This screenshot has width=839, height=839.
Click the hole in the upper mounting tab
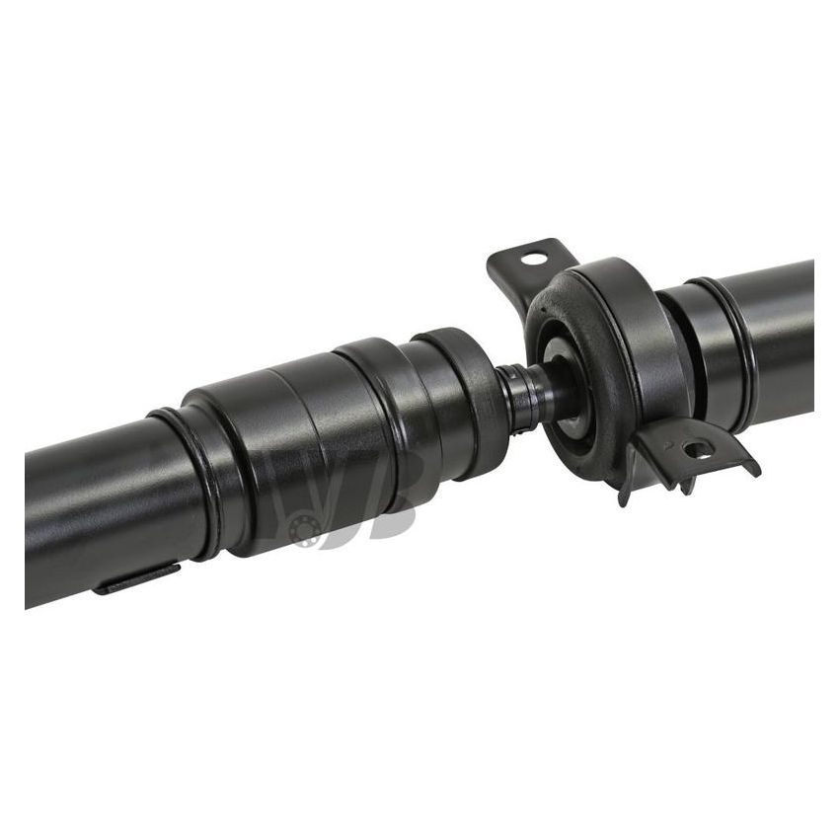[534, 260]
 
